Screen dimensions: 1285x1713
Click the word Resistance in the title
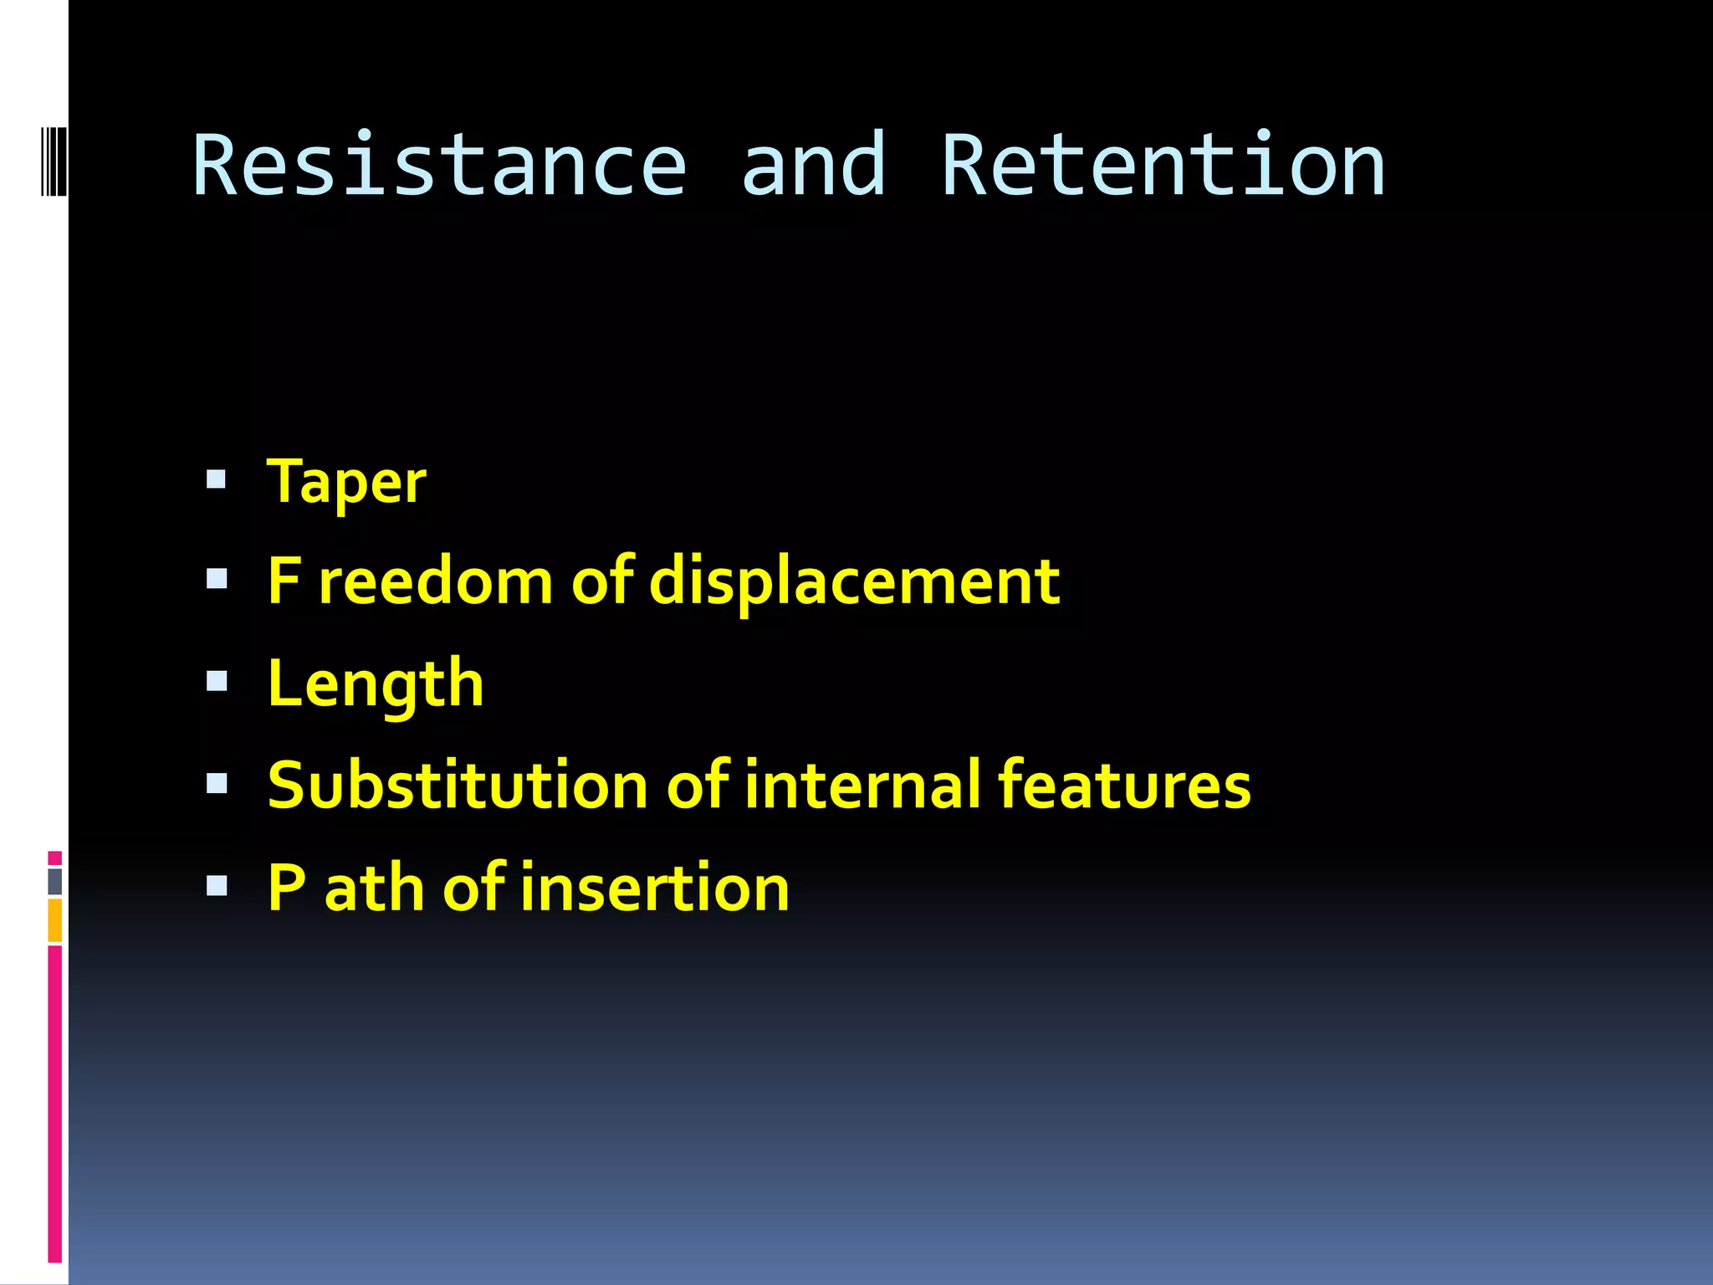point(439,166)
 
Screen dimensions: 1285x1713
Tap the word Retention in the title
point(1163,166)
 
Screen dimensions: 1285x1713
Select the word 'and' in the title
point(813,166)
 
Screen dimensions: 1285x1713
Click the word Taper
point(346,483)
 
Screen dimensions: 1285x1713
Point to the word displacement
point(854,582)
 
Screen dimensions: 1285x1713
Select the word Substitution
point(458,786)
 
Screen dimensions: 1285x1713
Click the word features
point(1124,786)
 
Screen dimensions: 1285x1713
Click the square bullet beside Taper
point(217,479)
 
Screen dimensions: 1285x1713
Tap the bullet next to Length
point(217,682)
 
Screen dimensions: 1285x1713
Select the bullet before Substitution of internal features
point(217,783)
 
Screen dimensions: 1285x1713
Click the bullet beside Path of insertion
point(217,885)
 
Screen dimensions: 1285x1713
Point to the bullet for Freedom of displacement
point(217,580)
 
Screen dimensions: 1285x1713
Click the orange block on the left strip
point(55,919)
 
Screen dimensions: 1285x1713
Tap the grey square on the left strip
point(55,881)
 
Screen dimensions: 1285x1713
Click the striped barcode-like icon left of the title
point(53,160)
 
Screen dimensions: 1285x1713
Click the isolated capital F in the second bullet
point(284,581)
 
